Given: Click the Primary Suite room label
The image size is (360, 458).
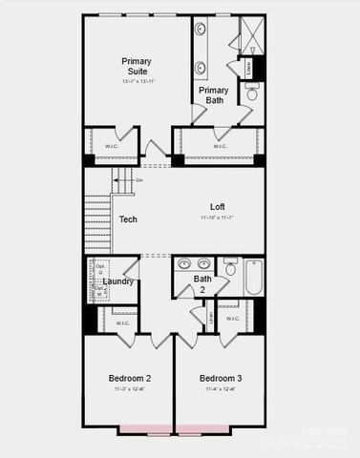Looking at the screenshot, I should [x=136, y=66].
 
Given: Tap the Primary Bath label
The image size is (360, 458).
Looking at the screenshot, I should [x=213, y=95].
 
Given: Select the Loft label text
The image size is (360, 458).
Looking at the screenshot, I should [x=217, y=207].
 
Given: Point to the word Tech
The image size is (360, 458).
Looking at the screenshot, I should [x=128, y=219].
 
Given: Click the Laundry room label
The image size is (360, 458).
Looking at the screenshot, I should [x=117, y=281].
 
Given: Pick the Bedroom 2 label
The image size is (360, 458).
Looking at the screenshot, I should [x=129, y=379].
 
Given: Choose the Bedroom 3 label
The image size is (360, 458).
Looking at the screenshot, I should [x=220, y=379].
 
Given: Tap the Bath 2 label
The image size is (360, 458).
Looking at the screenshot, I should [x=202, y=284].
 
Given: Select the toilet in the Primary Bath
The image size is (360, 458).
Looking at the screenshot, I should [x=253, y=93].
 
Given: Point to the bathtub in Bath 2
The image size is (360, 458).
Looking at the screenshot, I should [x=254, y=277].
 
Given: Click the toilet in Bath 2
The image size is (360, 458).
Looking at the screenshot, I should [x=230, y=268].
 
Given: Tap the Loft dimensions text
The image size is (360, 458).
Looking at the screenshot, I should [x=217, y=219].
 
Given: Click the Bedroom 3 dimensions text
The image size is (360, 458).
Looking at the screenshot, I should [x=220, y=389].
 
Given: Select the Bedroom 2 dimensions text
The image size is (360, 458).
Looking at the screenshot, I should [x=129, y=389].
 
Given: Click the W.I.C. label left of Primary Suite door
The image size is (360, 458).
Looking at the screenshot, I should [x=112, y=145].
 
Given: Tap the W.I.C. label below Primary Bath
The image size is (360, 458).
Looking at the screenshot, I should [x=220, y=146].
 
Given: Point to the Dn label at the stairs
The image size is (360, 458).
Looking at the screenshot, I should [x=139, y=179].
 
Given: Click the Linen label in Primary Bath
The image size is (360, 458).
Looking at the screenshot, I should [x=249, y=67].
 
